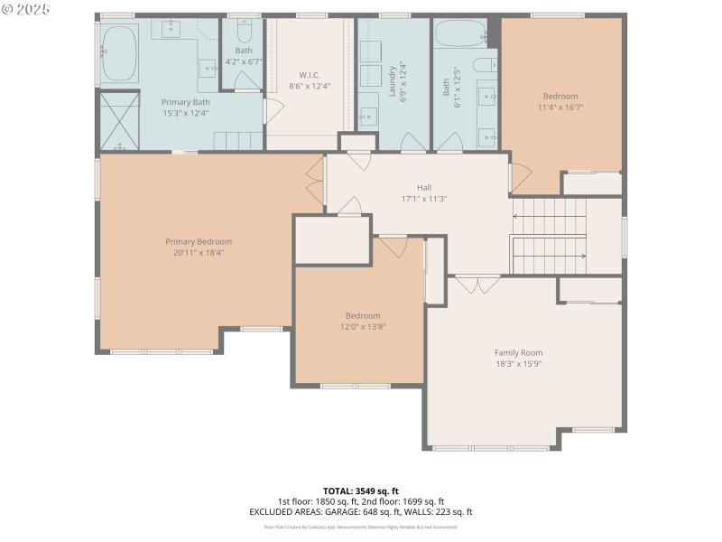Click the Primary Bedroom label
[x=199, y=241]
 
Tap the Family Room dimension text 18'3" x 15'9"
[x=518, y=364]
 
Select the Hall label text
[x=424, y=187]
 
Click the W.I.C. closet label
[x=310, y=74]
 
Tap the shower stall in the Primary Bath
[x=119, y=120]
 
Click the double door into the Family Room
[x=477, y=284]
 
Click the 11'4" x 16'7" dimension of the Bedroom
[x=560, y=107]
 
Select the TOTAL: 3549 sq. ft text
[x=360, y=491]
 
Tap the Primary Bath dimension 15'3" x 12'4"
[x=185, y=113]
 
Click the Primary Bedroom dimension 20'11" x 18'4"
[x=199, y=253]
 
